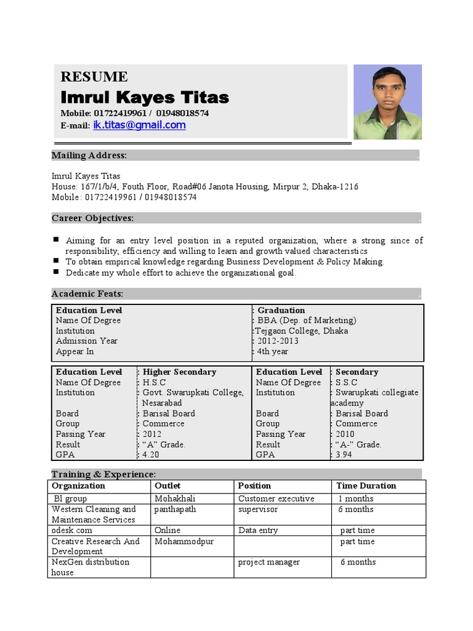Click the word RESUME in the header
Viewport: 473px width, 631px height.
click(94, 77)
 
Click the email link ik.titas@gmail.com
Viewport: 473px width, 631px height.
click(139, 125)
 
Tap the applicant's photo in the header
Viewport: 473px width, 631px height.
click(387, 102)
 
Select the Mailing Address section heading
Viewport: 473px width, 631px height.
click(89, 155)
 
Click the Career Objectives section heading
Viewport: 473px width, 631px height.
click(92, 218)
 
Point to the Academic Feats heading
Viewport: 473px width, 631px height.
click(87, 293)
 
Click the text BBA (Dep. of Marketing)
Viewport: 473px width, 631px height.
click(307, 320)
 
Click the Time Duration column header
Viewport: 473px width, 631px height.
click(366, 486)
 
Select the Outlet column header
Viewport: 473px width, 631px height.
click(168, 486)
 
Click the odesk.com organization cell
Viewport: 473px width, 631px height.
click(72, 530)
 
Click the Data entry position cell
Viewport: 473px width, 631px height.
click(258, 530)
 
